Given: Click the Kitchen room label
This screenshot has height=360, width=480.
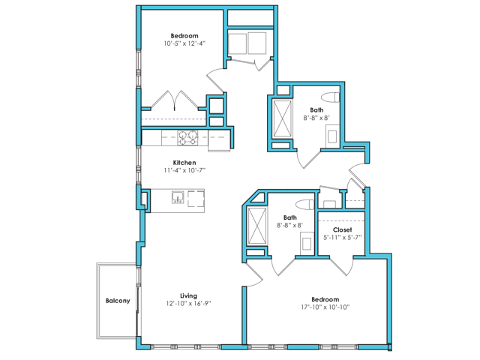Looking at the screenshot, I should (x=184, y=163).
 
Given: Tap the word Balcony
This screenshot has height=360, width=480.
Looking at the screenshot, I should (x=118, y=301).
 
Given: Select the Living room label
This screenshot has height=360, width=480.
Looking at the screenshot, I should (x=188, y=295).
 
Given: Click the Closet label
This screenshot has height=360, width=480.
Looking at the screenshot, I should (x=343, y=229).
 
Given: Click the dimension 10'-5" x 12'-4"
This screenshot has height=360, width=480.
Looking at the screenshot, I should (x=184, y=43).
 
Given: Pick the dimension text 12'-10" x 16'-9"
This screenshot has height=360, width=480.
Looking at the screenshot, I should (x=188, y=304).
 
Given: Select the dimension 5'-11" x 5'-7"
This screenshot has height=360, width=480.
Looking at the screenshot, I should (x=343, y=238).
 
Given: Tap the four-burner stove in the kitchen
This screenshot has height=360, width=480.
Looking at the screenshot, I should (x=187, y=137).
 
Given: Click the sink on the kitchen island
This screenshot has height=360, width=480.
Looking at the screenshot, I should (x=178, y=198).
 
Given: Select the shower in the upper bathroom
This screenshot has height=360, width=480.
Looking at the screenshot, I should (x=283, y=119).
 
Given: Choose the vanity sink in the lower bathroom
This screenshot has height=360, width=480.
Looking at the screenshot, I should (x=306, y=241).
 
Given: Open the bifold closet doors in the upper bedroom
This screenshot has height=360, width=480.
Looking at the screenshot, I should (x=175, y=100).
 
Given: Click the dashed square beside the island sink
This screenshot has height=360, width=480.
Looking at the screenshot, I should (x=196, y=198).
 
